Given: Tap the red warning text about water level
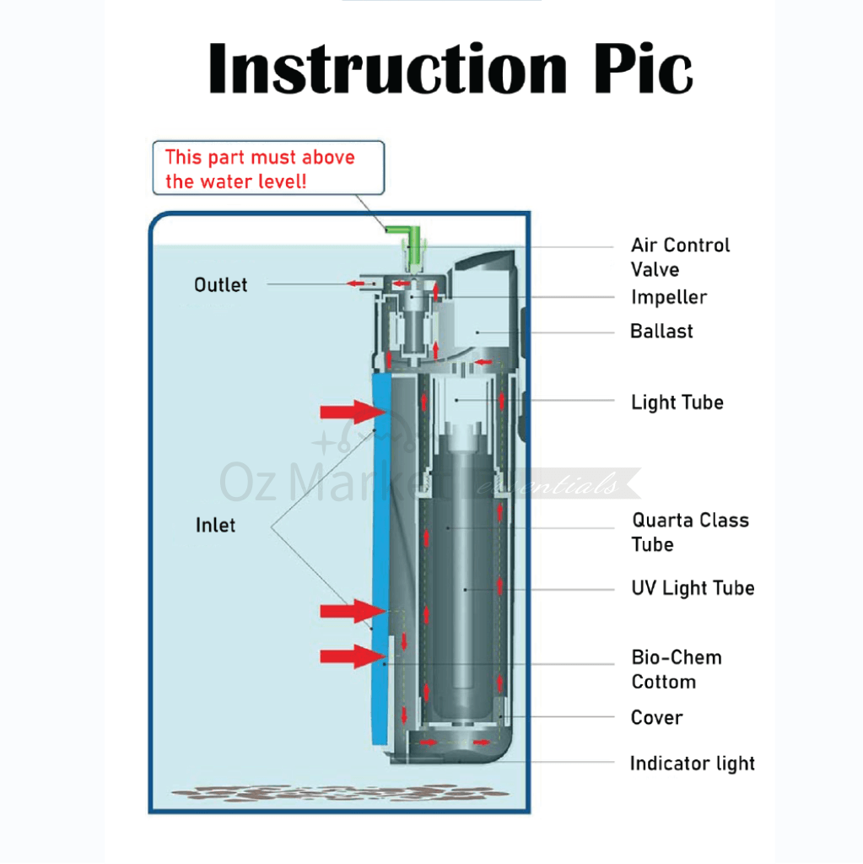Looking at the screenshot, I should [x=260, y=169].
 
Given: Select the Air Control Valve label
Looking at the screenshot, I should [x=680, y=257].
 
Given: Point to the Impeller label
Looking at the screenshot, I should [x=669, y=297].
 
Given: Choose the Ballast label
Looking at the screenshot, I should [x=661, y=332].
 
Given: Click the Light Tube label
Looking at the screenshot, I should [x=677, y=402].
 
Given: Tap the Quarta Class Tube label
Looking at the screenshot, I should [x=690, y=532].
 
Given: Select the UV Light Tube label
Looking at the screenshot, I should [x=693, y=588].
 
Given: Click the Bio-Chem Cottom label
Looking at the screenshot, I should [x=676, y=669].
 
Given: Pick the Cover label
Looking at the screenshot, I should [x=656, y=718].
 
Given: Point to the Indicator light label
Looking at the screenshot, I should [x=692, y=764].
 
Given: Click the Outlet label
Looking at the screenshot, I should [x=221, y=285].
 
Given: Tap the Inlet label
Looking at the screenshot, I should [x=215, y=526].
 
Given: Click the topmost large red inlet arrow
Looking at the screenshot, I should [x=352, y=412].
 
